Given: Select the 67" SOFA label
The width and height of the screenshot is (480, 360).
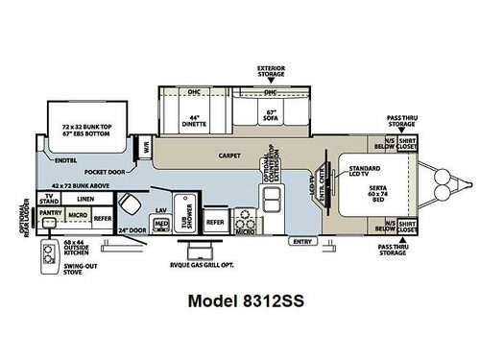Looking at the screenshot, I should (x=271, y=123).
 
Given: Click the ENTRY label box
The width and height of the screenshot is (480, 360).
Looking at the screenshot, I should (x=304, y=240).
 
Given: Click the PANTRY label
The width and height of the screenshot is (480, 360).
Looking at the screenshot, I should (x=53, y=215).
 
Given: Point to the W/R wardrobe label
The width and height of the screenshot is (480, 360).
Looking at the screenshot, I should (x=147, y=149).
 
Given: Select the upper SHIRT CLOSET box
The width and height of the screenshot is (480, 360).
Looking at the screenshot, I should (x=407, y=144).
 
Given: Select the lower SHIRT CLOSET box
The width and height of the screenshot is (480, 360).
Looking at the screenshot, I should (x=407, y=229).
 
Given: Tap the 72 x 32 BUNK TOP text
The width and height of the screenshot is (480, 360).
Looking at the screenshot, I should (x=83, y=126).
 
